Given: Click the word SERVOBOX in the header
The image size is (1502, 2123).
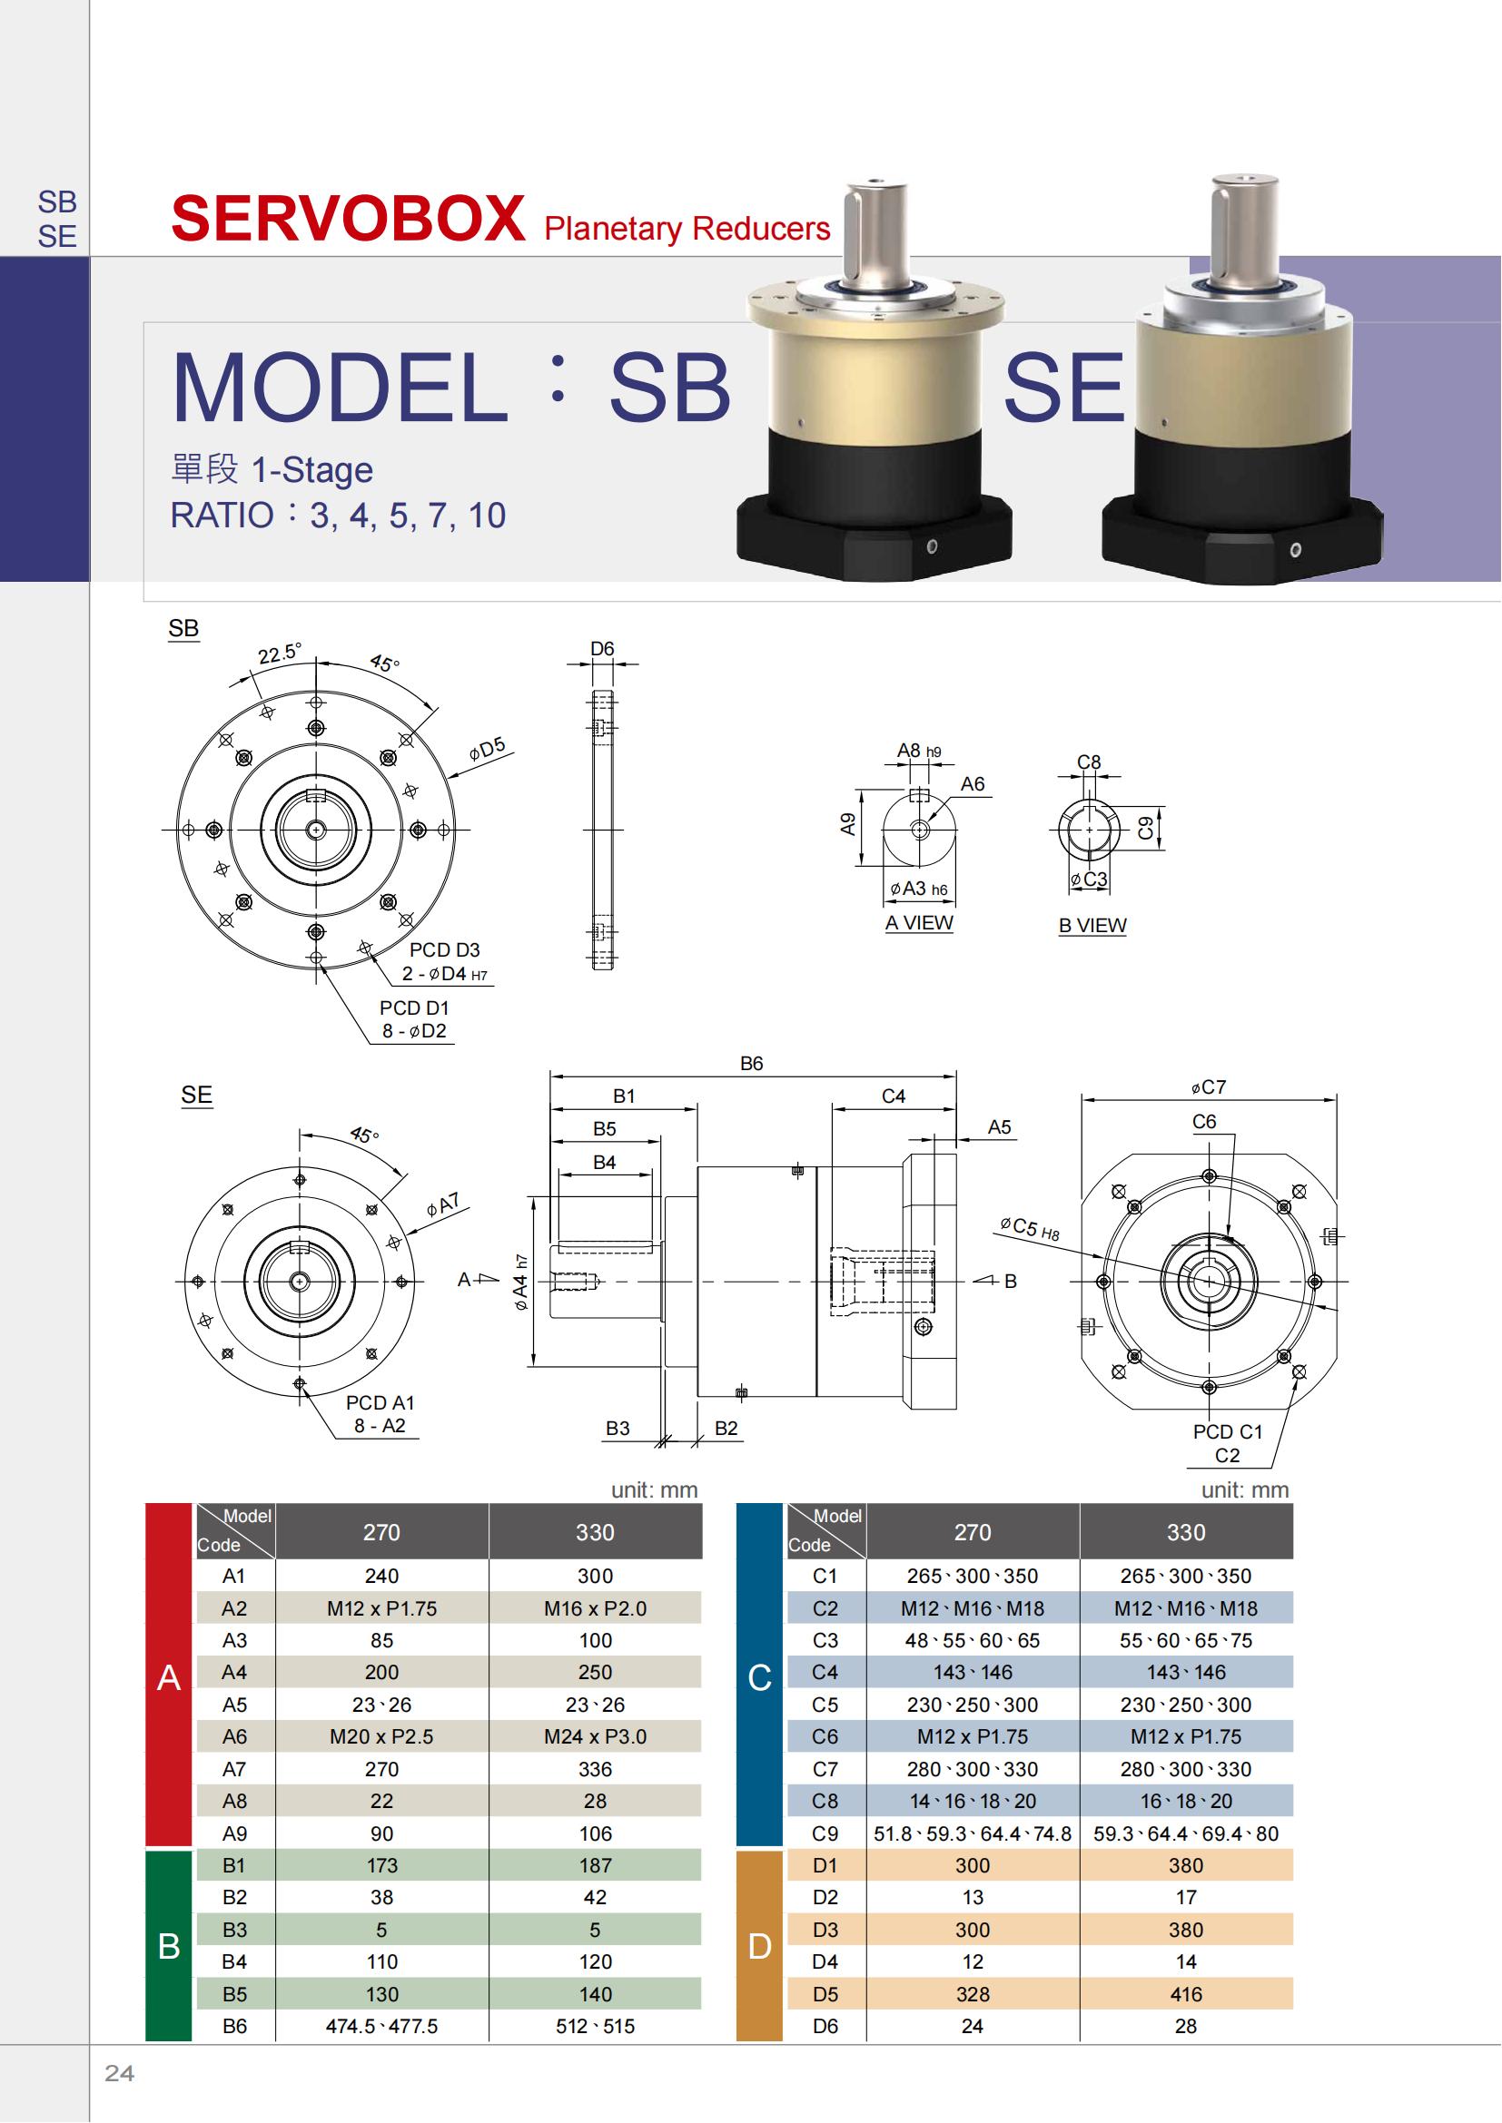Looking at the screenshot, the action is tap(349, 219).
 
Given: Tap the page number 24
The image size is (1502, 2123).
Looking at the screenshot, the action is tap(119, 2073).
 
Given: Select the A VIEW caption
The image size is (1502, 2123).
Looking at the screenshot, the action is tap(918, 923).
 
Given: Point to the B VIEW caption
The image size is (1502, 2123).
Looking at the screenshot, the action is tap(1092, 926).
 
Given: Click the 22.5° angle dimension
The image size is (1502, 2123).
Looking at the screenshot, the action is tap(279, 654).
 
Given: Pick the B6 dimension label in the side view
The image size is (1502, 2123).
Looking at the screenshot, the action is tap(752, 1065).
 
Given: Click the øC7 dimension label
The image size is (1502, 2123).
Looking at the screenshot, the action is tap(1209, 1087).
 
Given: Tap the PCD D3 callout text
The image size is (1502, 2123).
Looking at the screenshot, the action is tap(445, 949).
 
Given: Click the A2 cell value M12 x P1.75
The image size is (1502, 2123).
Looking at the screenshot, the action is tap(382, 1608).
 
